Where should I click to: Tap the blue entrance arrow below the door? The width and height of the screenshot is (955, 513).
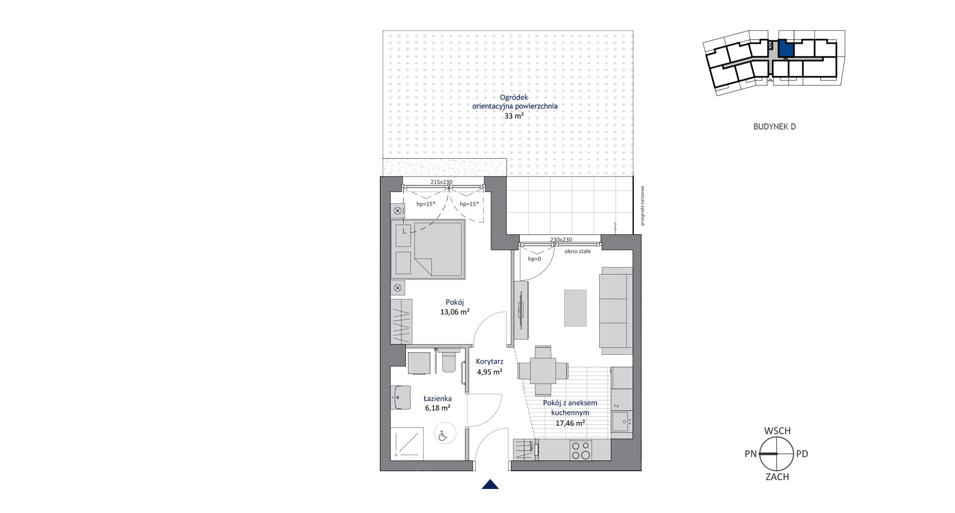[490, 484]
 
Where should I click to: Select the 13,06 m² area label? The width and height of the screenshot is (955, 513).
[455, 312]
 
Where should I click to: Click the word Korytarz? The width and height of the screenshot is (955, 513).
[490, 362]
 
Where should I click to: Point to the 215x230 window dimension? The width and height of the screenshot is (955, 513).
[441, 182]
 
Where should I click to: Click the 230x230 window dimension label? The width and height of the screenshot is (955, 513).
[561, 240]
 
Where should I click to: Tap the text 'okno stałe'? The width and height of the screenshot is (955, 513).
[578, 251]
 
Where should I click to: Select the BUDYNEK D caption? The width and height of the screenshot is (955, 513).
[774, 126]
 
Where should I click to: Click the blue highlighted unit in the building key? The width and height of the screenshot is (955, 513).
[786, 49]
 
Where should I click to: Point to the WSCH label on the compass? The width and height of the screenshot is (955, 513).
[777, 431]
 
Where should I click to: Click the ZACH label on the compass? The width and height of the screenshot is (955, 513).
[777, 476]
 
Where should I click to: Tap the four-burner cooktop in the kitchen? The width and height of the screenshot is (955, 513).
[580, 450]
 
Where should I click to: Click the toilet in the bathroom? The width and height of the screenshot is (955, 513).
[449, 360]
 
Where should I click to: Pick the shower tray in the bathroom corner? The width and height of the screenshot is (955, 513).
[407, 444]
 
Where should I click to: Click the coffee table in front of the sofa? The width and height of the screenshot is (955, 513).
[575, 308]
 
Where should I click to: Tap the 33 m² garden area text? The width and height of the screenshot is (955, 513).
[514, 116]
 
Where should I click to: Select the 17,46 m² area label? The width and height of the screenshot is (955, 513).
[570, 423]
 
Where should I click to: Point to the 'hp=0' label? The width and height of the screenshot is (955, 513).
[534, 259]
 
